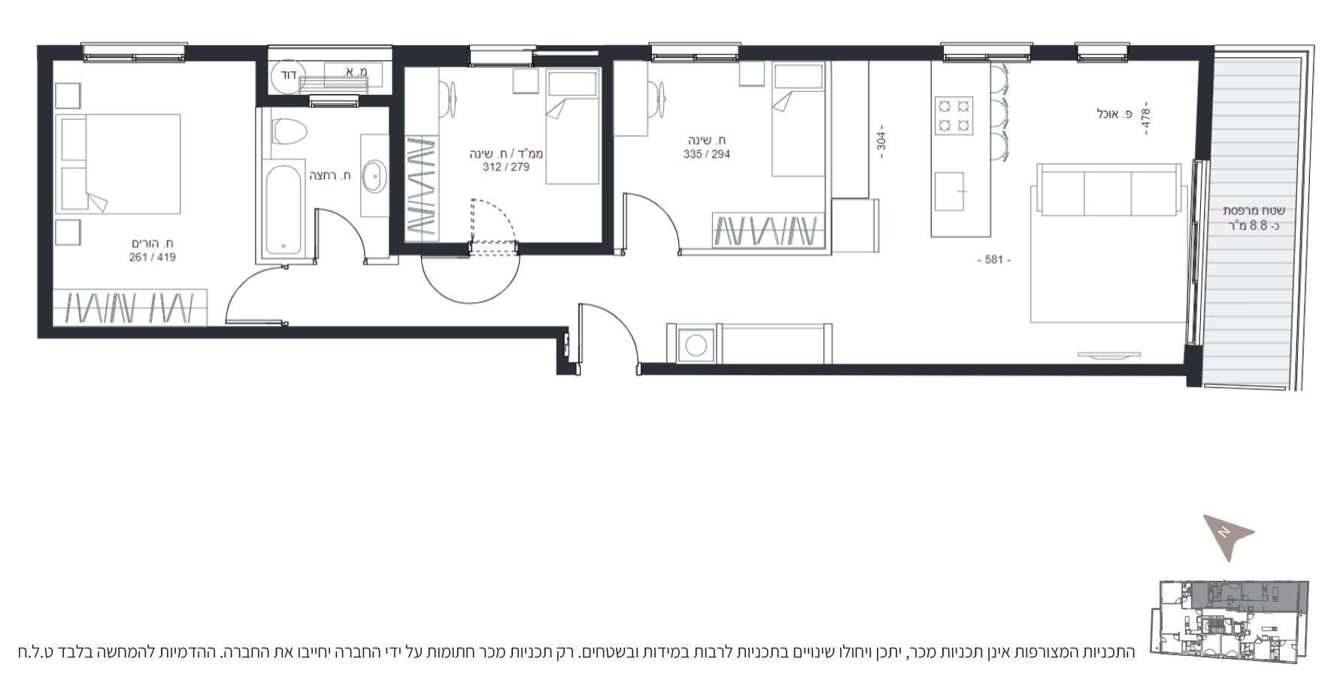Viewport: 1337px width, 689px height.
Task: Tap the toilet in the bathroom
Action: (x=290, y=131)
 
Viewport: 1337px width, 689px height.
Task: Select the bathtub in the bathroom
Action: (x=284, y=210)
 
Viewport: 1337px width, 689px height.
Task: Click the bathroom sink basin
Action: (x=374, y=177)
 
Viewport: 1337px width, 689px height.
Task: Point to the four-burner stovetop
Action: (x=953, y=116)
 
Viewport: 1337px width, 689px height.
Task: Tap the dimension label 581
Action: (x=993, y=260)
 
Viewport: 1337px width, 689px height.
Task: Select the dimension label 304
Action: (x=881, y=141)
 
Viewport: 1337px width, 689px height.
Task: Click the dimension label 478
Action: (x=1145, y=118)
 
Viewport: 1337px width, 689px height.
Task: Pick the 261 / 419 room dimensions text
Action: (x=153, y=257)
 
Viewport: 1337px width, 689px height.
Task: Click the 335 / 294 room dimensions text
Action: (x=707, y=154)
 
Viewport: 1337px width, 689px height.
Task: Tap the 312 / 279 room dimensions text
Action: (x=506, y=167)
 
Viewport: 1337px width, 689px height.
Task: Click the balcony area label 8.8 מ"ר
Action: (x=1254, y=225)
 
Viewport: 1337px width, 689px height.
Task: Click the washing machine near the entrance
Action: (x=696, y=346)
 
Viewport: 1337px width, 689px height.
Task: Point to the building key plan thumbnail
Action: (x=1229, y=621)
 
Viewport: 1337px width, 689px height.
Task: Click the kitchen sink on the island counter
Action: (x=950, y=192)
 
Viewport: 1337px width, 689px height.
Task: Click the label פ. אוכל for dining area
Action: (x=1114, y=114)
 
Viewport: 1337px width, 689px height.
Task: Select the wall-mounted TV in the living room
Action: (x=1109, y=354)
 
